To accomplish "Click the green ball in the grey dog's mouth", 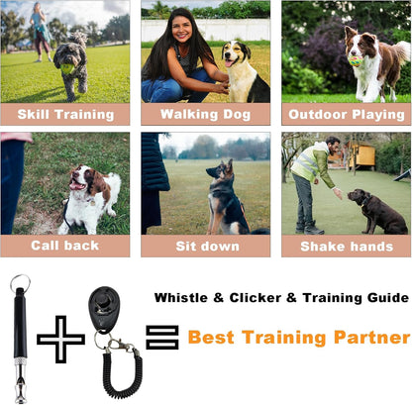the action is click(67, 68).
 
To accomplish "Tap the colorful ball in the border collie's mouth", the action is click(356, 61).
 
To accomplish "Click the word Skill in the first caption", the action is click(34, 115).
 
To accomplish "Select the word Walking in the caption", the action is click(189, 114).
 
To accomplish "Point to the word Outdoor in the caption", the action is click(318, 115).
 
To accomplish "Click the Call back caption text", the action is click(65, 246).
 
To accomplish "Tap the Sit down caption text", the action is click(207, 247).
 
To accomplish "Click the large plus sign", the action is click(60, 340).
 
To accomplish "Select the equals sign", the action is click(162, 337).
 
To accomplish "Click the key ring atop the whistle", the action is click(20, 283).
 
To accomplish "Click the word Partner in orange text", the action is click(371, 338).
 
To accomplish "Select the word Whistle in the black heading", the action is click(181, 298).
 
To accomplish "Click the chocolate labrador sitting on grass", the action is click(377, 211).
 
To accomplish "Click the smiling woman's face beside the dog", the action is click(181, 28).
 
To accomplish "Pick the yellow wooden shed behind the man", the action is click(360, 153).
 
